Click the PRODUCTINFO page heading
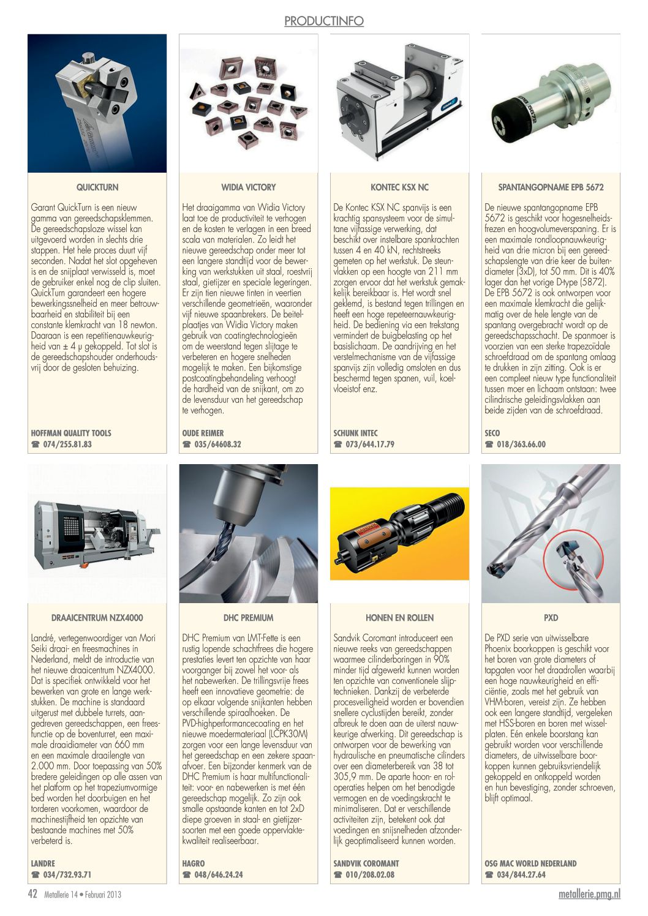click(323, 21)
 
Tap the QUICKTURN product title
click(97, 187)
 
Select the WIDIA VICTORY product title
click(249, 187)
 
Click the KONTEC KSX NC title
click(399, 187)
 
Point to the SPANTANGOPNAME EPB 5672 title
click(551, 187)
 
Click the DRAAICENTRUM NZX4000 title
click(97, 618)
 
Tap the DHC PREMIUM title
click(249, 618)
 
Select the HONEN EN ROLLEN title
click(399, 618)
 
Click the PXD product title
click(551, 618)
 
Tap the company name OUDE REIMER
click(203, 433)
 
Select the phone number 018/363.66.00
click(521, 445)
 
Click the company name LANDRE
click(43, 863)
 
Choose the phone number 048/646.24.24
click(218, 875)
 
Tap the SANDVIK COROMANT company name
click(366, 863)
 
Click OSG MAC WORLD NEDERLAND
click(530, 863)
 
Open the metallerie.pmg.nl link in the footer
click(589, 894)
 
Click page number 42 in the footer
click(33, 894)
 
